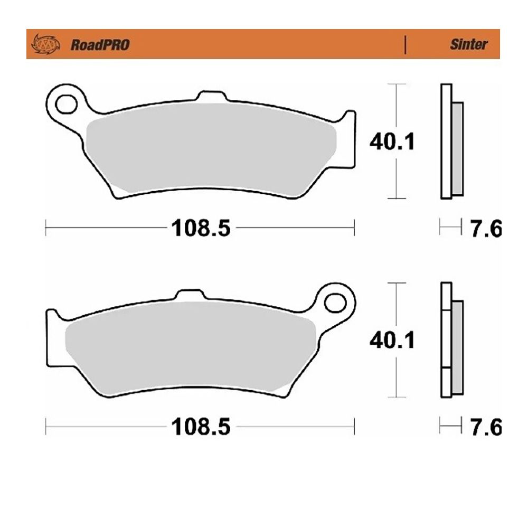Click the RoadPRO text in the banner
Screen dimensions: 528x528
pos(100,45)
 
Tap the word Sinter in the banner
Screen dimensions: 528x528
pos(468,45)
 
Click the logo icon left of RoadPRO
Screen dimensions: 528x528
pos(45,45)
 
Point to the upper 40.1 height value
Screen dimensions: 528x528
pos(392,142)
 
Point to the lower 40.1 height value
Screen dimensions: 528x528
pos(392,340)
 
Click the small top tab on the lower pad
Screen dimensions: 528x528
pos(189,296)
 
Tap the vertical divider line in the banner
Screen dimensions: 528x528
pos(405,45)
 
